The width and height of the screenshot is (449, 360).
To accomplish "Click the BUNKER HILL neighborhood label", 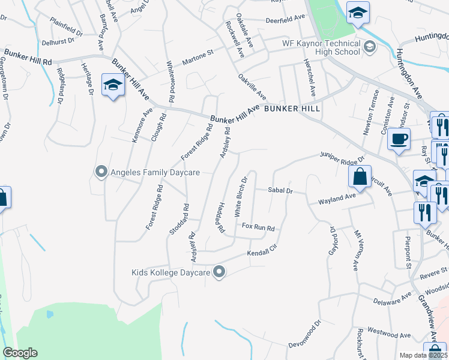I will [x=291, y=109].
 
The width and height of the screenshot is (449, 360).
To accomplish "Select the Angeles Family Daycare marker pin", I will [x=101, y=172].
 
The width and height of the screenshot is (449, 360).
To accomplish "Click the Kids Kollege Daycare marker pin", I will [x=220, y=272].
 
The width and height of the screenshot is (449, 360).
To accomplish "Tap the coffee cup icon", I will [x=398, y=140].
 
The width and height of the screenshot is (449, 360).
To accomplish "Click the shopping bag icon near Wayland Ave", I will [x=359, y=177].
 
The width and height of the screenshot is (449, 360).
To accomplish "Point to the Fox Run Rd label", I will [x=258, y=228].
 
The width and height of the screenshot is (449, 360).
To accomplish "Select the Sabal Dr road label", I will [x=280, y=191].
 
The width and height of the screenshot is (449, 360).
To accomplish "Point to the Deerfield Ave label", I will [x=286, y=19].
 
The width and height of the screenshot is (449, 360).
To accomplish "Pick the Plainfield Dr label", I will [x=66, y=25].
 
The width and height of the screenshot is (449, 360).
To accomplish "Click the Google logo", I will [x=20, y=353].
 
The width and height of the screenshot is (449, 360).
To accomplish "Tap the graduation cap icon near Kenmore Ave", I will [x=112, y=85].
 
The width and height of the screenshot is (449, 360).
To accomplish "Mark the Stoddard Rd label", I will [x=179, y=219].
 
